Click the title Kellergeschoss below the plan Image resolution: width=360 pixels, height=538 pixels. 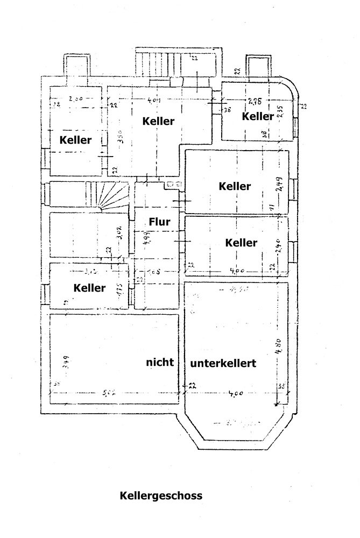161,495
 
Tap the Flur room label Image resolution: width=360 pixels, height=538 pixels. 159,221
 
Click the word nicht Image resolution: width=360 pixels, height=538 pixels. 160,362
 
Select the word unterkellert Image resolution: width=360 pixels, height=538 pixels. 222,363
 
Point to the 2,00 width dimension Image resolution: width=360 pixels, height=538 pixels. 76,98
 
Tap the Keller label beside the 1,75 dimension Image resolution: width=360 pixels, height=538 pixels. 90,288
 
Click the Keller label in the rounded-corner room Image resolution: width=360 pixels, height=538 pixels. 258,116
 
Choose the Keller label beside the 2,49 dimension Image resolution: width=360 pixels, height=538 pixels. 235,187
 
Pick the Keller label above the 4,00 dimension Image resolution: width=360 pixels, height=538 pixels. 241,243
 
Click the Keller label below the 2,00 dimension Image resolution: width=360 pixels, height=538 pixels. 76,140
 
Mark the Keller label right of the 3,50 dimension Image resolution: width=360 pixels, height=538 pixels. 158,121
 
